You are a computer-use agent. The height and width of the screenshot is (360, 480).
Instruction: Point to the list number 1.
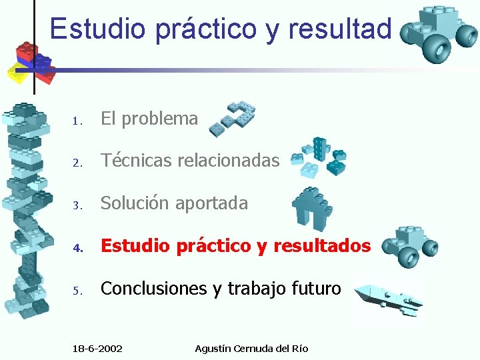click(x=77, y=121)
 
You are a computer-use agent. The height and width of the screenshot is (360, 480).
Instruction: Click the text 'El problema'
click(x=149, y=119)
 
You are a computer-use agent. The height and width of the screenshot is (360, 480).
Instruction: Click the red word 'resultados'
click(x=329, y=246)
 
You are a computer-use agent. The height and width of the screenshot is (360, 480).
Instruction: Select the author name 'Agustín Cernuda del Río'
click(x=251, y=349)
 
